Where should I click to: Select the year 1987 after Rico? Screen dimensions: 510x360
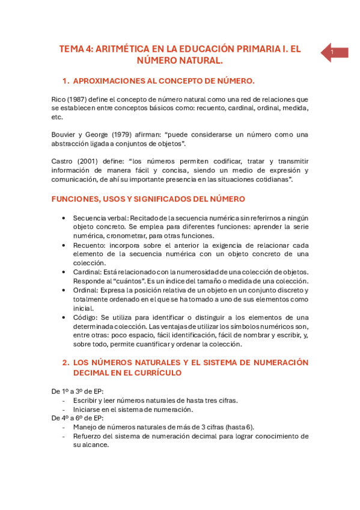(x=80, y=99)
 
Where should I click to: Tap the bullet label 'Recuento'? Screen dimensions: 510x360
(x=89, y=245)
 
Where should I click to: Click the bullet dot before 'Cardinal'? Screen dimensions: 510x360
(x=64, y=272)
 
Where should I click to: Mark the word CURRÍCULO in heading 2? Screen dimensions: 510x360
(x=157, y=373)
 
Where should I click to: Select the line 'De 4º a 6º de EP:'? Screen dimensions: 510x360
(x=78, y=418)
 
